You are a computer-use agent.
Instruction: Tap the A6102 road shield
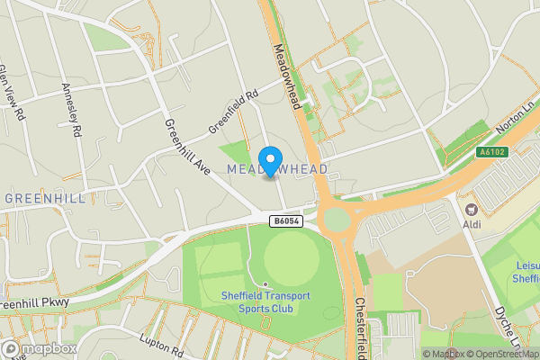coord(492,152)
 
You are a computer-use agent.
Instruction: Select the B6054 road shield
coord(284,220)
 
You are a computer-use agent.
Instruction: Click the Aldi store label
coord(472,223)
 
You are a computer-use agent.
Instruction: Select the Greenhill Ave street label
coord(186,148)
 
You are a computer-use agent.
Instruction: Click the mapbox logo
coord(40,348)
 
